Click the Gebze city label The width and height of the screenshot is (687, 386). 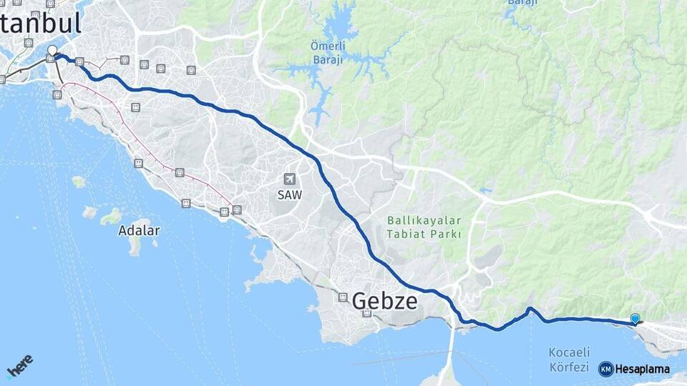[x=384, y=301]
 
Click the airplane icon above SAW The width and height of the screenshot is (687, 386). [x=290, y=179]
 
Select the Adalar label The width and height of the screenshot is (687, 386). [x=139, y=231]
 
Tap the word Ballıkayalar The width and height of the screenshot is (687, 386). [x=424, y=220]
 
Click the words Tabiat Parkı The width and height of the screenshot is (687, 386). [x=424, y=233]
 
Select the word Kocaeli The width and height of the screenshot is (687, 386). [x=568, y=352]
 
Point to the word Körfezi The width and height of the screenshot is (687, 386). [x=568, y=367]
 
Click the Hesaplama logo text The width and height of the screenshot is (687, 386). [x=643, y=370]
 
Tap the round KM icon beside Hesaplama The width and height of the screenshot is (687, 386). [x=605, y=370]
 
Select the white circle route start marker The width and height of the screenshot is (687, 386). [x=52, y=51]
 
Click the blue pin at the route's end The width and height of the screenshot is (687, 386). [x=635, y=319]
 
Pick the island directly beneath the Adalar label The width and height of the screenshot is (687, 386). [x=135, y=246]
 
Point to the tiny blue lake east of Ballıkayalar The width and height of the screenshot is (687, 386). [x=486, y=190]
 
